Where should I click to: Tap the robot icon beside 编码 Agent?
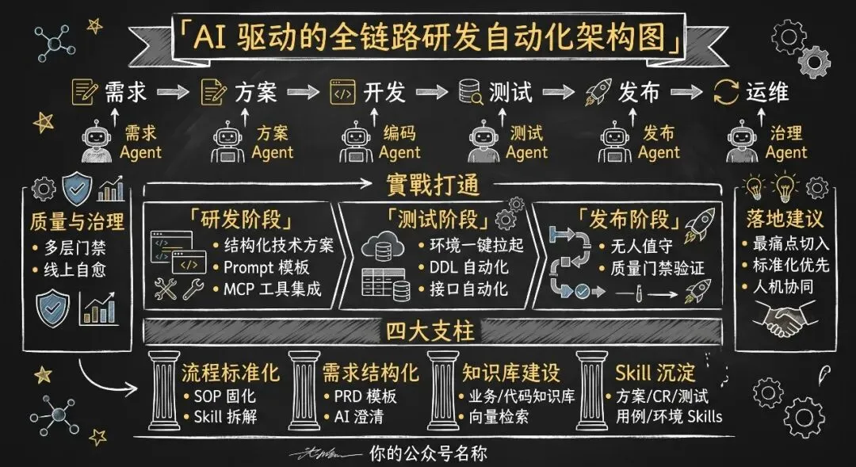[353, 143]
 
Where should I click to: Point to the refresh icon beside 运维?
[726, 93]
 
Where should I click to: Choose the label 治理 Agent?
[785, 143]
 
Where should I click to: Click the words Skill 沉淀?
[654, 372]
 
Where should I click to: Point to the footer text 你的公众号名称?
[428, 454]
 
